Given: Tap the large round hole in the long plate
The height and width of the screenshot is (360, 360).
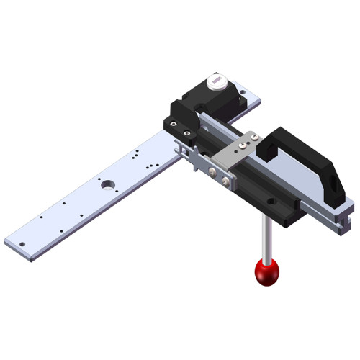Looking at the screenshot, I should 108,184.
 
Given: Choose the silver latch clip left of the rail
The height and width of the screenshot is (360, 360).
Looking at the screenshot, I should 189,153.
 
